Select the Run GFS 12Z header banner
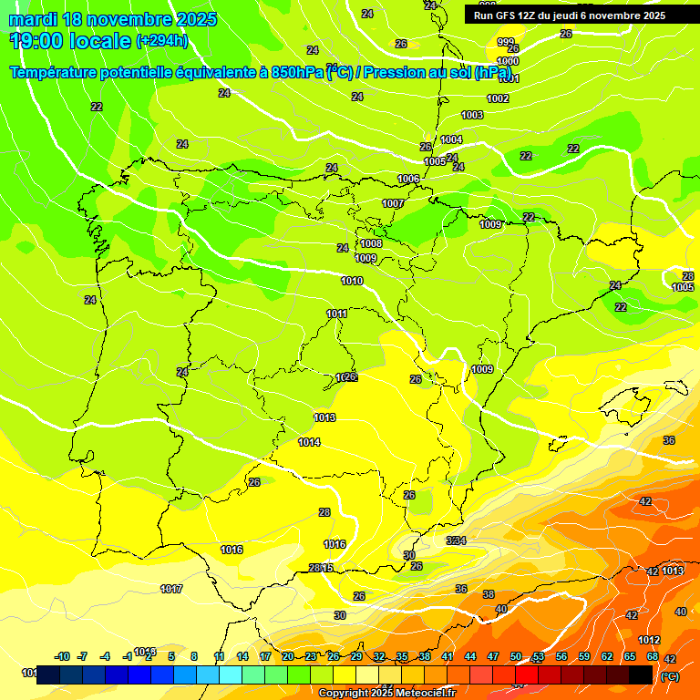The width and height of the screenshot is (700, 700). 570,15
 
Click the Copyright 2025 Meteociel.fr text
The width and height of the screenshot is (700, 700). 387,693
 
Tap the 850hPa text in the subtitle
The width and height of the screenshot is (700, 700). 296,72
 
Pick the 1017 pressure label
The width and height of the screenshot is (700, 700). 171,589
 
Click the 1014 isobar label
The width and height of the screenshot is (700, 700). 309,442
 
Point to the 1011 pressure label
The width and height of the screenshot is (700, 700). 337,314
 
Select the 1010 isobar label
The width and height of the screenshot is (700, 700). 352,281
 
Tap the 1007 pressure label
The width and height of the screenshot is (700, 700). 393,203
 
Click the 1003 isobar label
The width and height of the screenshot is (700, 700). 472,115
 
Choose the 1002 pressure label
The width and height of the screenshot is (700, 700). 498,98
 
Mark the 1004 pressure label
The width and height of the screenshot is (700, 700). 451,139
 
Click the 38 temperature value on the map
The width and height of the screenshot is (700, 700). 489,593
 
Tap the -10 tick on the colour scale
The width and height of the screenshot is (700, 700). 63,656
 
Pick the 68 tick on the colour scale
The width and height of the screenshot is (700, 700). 653,656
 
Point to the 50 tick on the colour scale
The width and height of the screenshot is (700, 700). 516,656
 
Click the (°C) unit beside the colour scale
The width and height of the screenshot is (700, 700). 669,675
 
